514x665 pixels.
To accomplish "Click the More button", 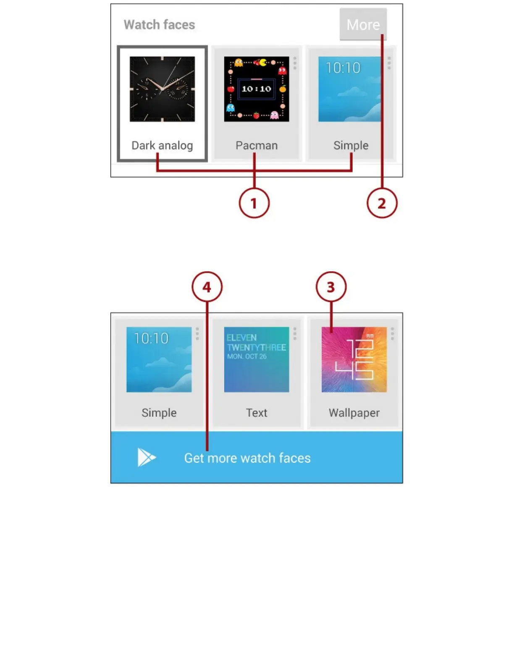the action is click(x=363, y=24).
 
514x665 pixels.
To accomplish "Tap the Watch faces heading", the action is click(x=159, y=25).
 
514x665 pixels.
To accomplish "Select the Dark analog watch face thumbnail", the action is click(x=162, y=89).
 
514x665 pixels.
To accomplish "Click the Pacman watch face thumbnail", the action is click(x=256, y=89).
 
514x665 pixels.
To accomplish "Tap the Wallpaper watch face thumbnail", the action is click(x=354, y=359).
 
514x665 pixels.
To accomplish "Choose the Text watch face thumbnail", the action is click(x=256, y=359).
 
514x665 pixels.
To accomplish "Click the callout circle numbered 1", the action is click(x=254, y=204).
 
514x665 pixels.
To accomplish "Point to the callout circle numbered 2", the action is click(x=381, y=204).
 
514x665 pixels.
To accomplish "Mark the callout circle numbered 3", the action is click(x=331, y=287).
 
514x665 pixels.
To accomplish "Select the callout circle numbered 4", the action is click(x=207, y=287).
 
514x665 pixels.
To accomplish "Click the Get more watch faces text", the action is click(x=247, y=458).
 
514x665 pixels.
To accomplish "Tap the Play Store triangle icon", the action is click(x=146, y=457).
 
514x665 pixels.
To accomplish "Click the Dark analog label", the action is click(x=162, y=145).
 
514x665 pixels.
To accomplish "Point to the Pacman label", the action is click(x=256, y=145).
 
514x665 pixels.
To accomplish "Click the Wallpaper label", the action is click(x=354, y=413).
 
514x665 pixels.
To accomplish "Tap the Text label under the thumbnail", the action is click(x=256, y=413).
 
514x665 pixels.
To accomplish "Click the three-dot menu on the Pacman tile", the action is click(x=295, y=63).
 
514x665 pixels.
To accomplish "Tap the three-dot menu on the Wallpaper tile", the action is click(x=392, y=333).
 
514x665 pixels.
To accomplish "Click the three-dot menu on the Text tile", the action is click(x=295, y=333).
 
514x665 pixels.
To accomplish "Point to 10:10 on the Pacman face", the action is click(x=256, y=89).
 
